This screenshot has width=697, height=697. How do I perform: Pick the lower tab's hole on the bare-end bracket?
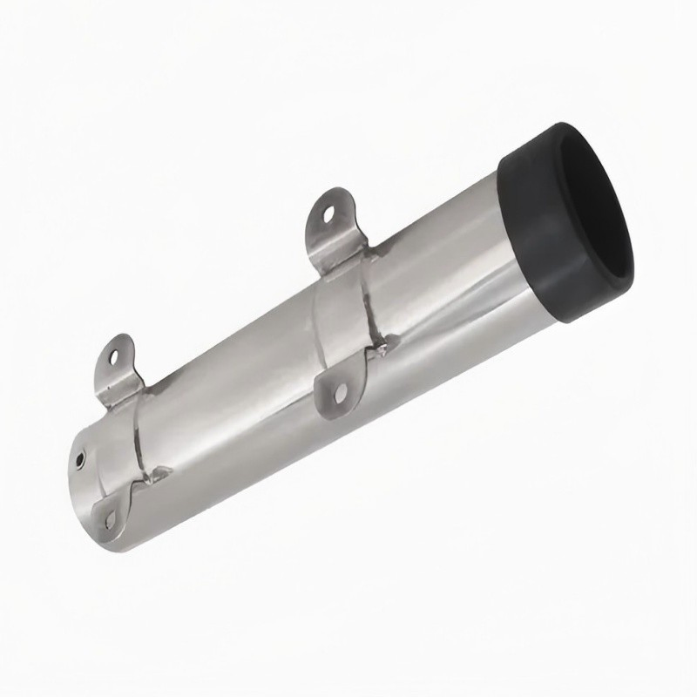(x=111, y=520)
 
